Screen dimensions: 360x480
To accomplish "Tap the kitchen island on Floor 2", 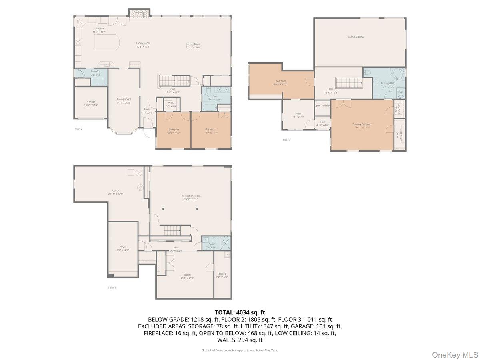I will point(106,42).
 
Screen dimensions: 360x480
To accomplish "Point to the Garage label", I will point(91,103).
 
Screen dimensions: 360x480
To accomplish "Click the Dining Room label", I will point(124,100).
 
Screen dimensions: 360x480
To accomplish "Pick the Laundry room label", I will point(95,73).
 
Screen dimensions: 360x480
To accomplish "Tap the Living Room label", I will point(193,46).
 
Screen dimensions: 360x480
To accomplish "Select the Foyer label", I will point(147,110).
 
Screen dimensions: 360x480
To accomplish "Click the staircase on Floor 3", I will point(349,83).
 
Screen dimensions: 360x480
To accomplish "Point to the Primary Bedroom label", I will point(362,126).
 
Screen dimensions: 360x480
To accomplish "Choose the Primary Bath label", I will point(388,84).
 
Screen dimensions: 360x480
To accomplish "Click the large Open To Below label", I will point(356,37).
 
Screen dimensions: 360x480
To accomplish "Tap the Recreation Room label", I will point(191,197).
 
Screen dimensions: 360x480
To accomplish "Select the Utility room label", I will point(115,192).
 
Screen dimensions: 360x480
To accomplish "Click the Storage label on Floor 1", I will point(222,276).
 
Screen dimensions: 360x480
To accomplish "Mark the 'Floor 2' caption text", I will point(78,128).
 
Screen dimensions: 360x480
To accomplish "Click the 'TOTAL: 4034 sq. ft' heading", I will point(240,312).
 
